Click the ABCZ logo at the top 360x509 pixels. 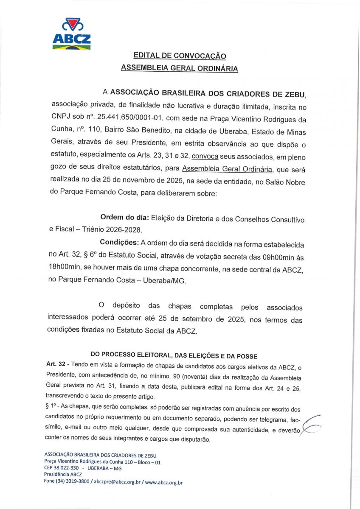click(x=71, y=34)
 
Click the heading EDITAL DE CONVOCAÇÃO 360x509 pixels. click(x=180, y=56)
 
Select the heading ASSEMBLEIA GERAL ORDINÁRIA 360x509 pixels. click(x=180, y=68)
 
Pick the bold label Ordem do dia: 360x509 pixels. click(x=124, y=218)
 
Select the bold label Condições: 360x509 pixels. click(x=120, y=243)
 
